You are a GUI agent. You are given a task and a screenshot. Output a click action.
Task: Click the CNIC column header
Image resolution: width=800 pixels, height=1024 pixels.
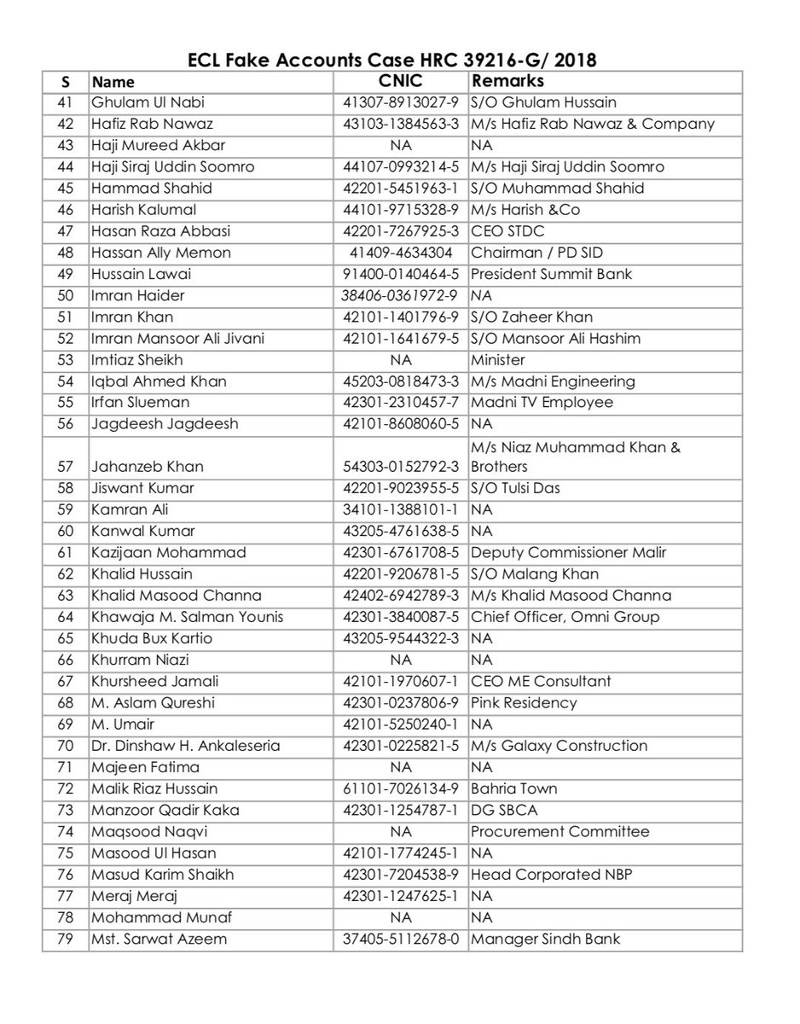tap(400, 82)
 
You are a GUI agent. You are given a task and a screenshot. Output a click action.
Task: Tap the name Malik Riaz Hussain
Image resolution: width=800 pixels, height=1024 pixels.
tap(154, 788)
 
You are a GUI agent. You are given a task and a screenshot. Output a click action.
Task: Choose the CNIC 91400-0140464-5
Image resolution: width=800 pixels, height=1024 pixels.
tap(400, 274)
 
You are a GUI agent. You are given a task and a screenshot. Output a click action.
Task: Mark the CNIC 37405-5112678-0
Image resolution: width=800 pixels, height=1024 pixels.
tap(400, 940)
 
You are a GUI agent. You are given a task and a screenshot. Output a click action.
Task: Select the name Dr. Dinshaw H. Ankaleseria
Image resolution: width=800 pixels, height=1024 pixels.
tap(185, 746)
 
